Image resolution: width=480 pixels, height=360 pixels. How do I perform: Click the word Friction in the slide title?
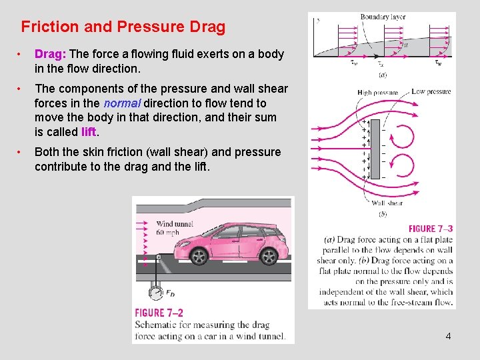click(49, 27)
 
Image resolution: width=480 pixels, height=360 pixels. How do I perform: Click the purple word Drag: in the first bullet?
click(50, 54)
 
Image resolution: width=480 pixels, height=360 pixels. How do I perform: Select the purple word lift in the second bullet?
click(90, 132)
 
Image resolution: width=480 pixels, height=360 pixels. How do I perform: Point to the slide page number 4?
click(448, 336)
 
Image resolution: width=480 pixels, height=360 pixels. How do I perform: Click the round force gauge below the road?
click(157, 292)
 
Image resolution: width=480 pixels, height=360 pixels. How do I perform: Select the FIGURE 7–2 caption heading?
click(159, 313)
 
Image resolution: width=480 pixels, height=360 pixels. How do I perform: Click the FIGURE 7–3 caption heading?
click(431, 229)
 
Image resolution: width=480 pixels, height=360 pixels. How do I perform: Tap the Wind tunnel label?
click(174, 223)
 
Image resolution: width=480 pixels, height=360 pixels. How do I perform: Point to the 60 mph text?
click(168, 233)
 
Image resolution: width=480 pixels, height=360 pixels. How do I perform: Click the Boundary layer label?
click(383, 17)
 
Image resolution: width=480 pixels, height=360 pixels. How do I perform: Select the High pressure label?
click(377, 93)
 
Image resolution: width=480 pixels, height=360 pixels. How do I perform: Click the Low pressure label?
click(431, 91)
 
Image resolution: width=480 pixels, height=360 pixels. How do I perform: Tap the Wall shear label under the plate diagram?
click(387, 203)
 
